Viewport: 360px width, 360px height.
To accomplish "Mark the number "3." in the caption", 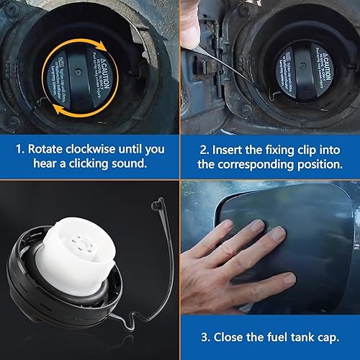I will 207,337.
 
